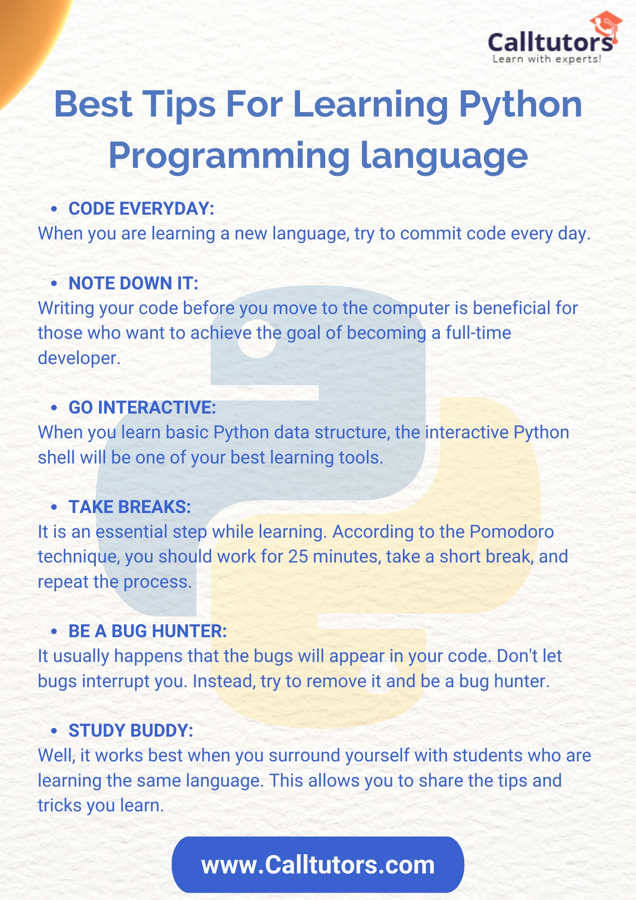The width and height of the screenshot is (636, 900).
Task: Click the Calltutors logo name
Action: pyautogui.click(x=550, y=43)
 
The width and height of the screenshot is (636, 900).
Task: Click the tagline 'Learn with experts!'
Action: pyautogui.click(x=546, y=59)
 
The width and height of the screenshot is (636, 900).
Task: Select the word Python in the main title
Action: pyautogui.click(x=520, y=104)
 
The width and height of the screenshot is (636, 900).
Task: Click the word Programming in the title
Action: pyautogui.click(x=229, y=156)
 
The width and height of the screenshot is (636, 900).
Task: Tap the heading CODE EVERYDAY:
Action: pyautogui.click(x=141, y=209)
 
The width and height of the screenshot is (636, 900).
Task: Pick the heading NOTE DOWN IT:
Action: pyautogui.click(x=133, y=283)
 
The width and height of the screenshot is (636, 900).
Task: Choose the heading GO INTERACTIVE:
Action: pyautogui.click(x=142, y=408)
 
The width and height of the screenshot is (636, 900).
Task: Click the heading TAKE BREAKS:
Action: pyautogui.click(x=130, y=507)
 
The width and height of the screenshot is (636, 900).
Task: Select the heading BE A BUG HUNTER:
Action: pyautogui.click(x=148, y=631)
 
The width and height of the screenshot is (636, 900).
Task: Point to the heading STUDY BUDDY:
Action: pyautogui.click(x=130, y=731)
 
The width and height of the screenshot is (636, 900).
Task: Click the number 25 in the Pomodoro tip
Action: pyautogui.click(x=298, y=557)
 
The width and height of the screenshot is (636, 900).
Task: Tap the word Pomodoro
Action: pyautogui.click(x=511, y=532)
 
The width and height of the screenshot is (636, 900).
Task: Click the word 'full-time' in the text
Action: pyautogui.click(x=478, y=333)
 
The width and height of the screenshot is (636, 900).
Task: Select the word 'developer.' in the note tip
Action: pyautogui.click(x=79, y=358)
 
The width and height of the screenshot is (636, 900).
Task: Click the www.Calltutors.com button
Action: pyautogui.click(x=318, y=865)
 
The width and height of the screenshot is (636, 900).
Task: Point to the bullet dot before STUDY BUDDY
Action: pyautogui.click(x=54, y=731)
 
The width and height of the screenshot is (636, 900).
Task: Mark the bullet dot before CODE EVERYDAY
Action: pyautogui.click(x=54, y=209)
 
